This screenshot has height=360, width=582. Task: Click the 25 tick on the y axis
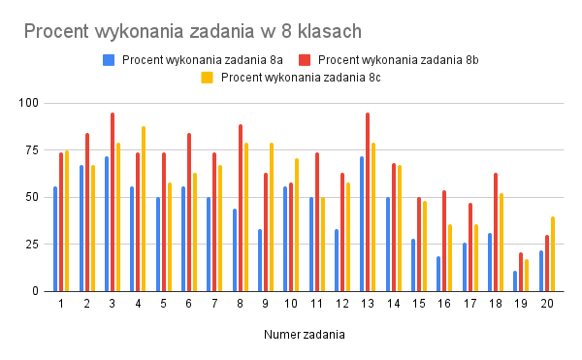[x=32, y=244]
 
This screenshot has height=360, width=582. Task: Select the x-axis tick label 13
[x=368, y=304]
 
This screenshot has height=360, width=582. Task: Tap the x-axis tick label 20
[x=547, y=304]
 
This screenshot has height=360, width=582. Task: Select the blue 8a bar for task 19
[x=515, y=281]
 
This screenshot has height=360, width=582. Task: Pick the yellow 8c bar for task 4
[x=144, y=209]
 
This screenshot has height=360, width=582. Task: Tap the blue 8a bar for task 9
[x=259, y=260]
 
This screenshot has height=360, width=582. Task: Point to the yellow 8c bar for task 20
[x=553, y=254]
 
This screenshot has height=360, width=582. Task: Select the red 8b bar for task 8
[x=241, y=208]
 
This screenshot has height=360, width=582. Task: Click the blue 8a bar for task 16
[x=438, y=274]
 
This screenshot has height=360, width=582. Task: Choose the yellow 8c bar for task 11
[x=323, y=245]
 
